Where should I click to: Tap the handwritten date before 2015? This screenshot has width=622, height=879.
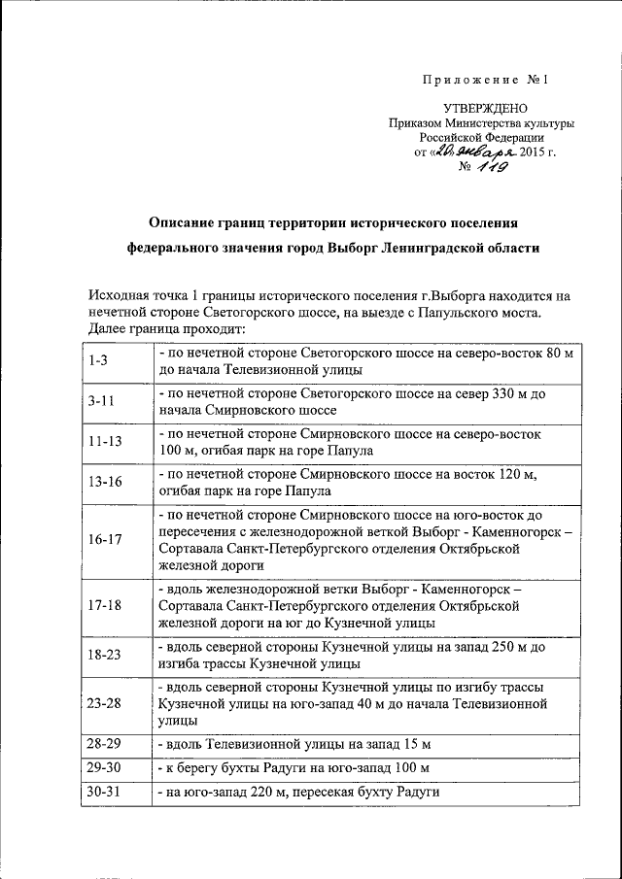click(x=473, y=152)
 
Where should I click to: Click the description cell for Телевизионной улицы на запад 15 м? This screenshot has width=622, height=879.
click(x=293, y=744)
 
